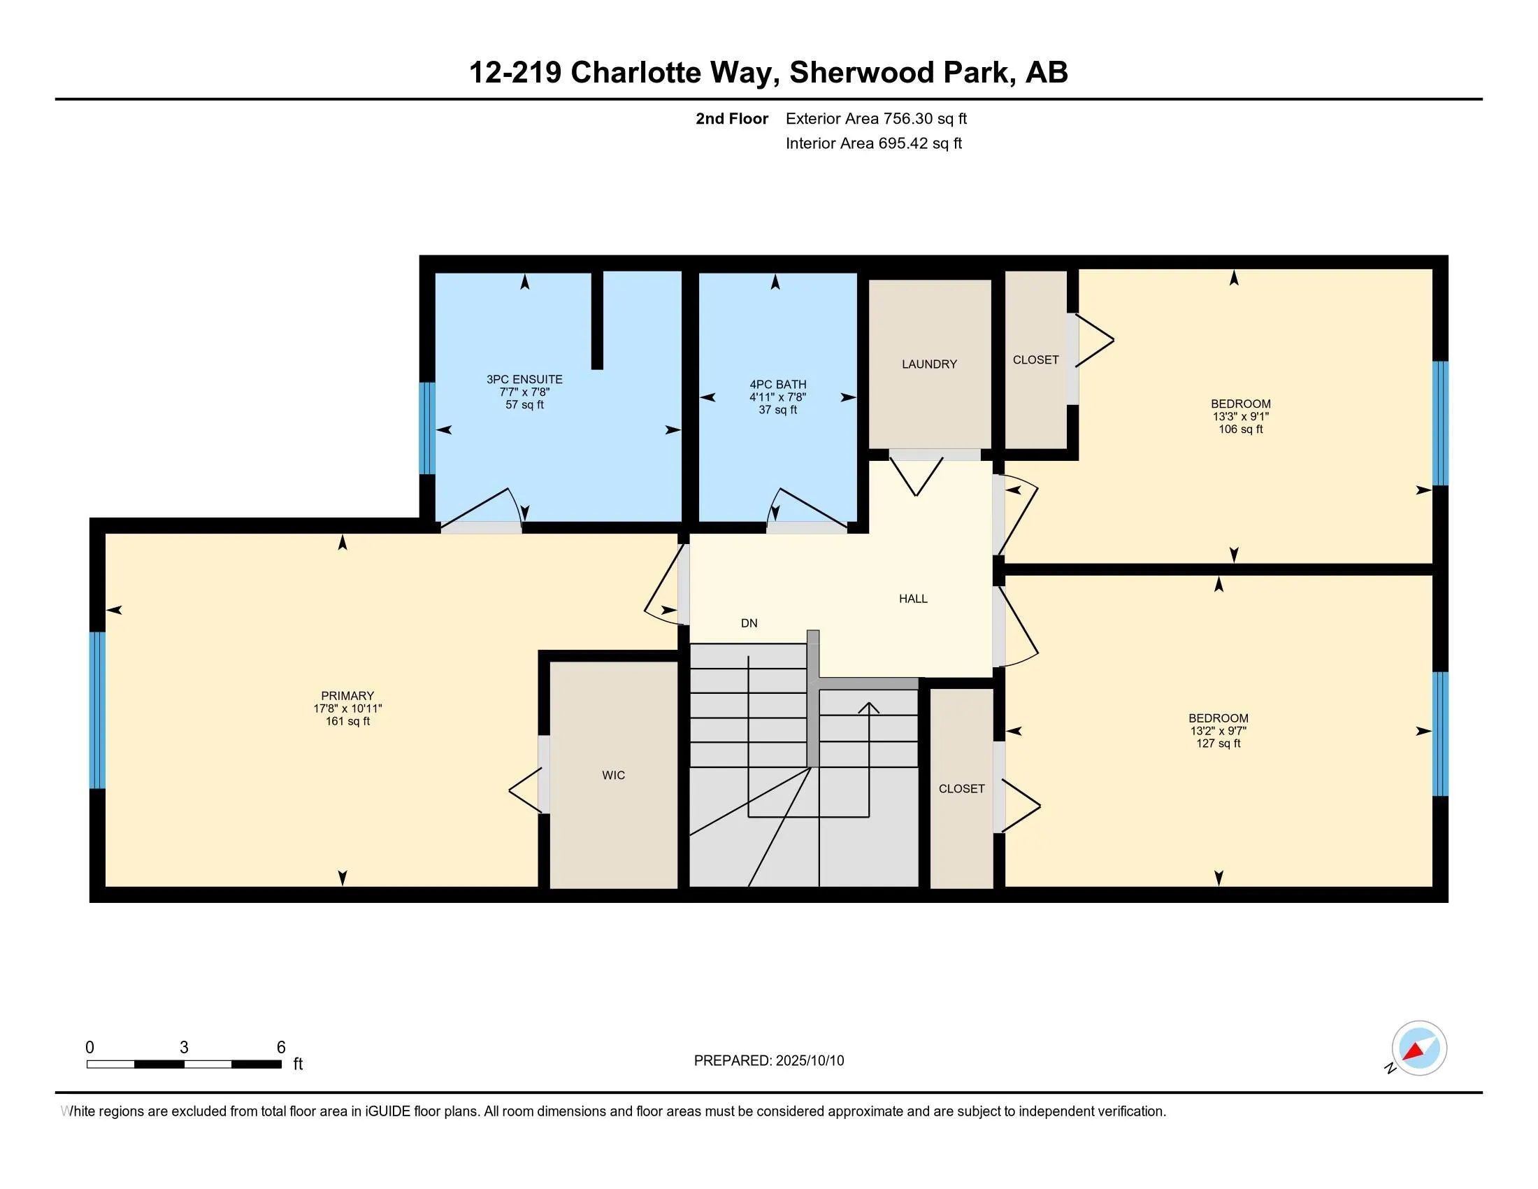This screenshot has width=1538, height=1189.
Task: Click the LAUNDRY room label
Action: coord(929,364)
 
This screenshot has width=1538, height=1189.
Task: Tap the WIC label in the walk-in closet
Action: coord(613,775)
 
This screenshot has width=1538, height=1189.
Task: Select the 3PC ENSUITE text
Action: coord(524,379)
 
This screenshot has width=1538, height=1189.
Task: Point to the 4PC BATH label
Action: coord(777,385)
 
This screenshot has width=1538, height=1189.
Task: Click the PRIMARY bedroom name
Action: coord(347,695)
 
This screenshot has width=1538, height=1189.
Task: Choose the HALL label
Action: coord(912,599)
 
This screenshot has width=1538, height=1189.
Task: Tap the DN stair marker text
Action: coord(749,622)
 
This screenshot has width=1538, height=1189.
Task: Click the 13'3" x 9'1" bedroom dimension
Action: coord(1240,416)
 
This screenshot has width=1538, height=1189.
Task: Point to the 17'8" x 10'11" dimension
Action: coord(347,709)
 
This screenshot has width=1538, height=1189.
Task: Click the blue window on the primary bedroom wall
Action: coord(97,709)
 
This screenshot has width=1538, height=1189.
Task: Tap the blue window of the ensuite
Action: coord(426,428)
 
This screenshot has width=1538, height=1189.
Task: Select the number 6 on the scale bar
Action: coord(281,1048)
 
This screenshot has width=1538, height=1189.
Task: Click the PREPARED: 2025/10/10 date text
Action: coord(768,1061)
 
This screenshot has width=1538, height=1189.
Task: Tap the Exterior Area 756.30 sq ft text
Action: coord(875,118)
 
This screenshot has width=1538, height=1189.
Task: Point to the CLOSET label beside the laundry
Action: coord(1035,360)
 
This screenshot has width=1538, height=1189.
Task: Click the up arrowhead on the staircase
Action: coord(869,708)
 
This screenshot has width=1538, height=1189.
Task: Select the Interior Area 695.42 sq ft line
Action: coord(873,143)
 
